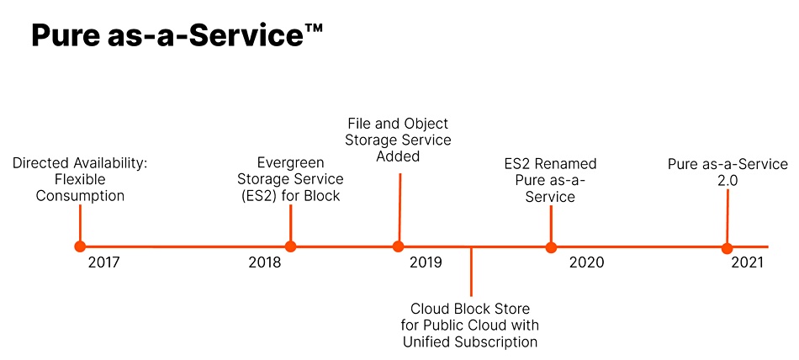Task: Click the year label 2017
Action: (x=104, y=262)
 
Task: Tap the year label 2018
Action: (x=265, y=262)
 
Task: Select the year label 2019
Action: (x=426, y=262)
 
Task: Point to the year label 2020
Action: (x=586, y=262)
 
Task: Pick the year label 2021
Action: (x=748, y=262)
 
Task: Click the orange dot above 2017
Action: (x=80, y=246)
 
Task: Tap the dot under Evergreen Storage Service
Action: (x=290, y=246)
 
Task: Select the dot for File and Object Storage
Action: (x=399, y=246)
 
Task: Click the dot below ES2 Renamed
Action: (x=551, y=248)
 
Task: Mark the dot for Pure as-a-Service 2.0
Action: (x=728, y=249)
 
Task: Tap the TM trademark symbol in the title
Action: (x=315, y=28)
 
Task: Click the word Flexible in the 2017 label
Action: (x=80, y=180)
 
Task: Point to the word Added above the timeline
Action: (x=398, y=156)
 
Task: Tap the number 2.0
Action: (x=728, y=180)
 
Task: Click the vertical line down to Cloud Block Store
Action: (x=471, y=272)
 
